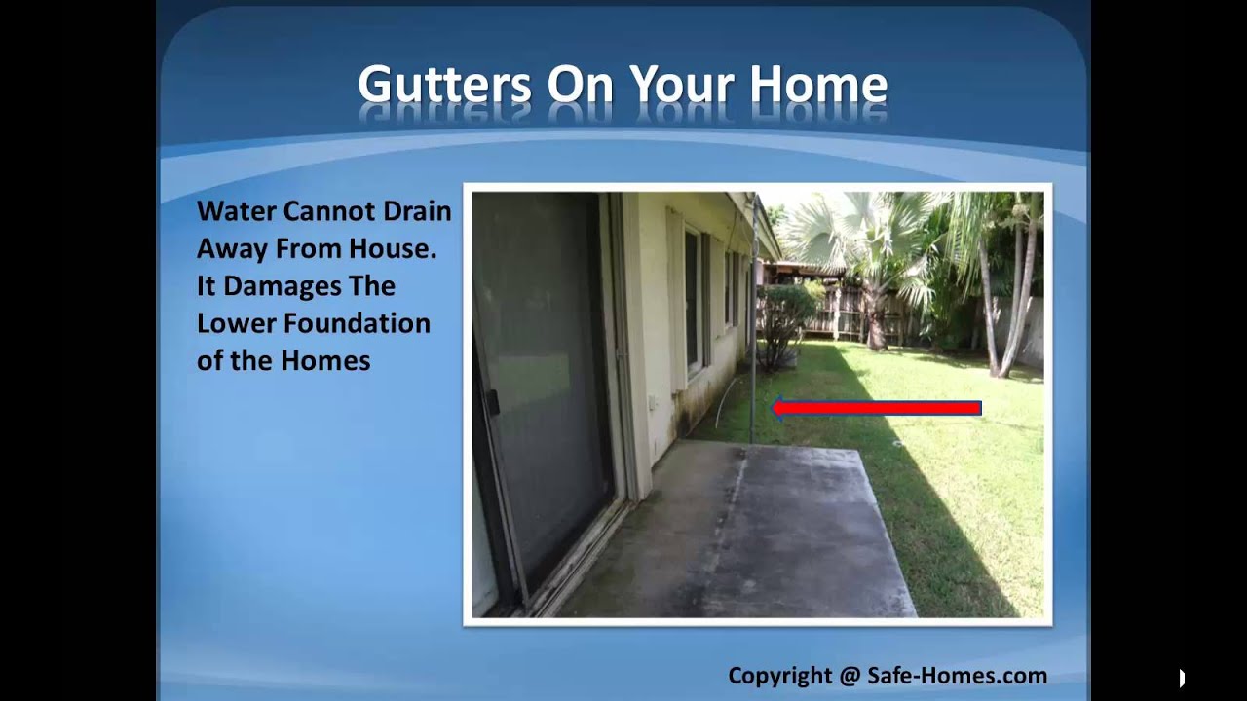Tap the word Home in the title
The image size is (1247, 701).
click(818, 84)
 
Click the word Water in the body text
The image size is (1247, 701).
click(236, 211)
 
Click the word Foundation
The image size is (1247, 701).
click(357, 324)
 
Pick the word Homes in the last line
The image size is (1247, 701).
click(325, 361)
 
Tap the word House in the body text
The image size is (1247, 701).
click(392, 248)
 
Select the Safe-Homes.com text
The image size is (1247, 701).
click(958, 676)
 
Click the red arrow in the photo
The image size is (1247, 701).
click(876, 408)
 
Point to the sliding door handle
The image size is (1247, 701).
click(491, 402)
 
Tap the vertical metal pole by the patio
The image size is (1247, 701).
click(753, 317)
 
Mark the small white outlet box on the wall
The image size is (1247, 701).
click(652, 402)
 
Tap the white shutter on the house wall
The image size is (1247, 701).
click(676, 301)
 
